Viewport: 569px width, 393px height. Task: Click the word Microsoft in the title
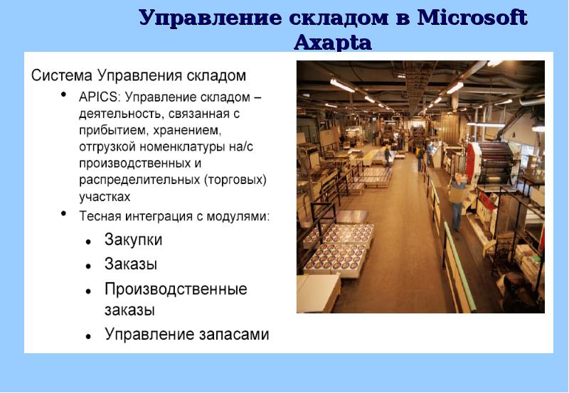coord(472,18)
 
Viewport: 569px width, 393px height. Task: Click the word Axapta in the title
coord(332,43)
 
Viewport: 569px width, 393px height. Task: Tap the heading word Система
coord(62,75)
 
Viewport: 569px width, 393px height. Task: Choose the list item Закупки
coord(134,240)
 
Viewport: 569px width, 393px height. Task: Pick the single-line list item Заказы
coord(131,264)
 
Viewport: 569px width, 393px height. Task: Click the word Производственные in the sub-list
coord(176,289)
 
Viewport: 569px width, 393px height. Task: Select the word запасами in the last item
coord(234,334)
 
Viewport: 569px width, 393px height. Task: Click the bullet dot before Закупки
coord(87,242)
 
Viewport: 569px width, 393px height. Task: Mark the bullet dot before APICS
coord(64,96)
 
